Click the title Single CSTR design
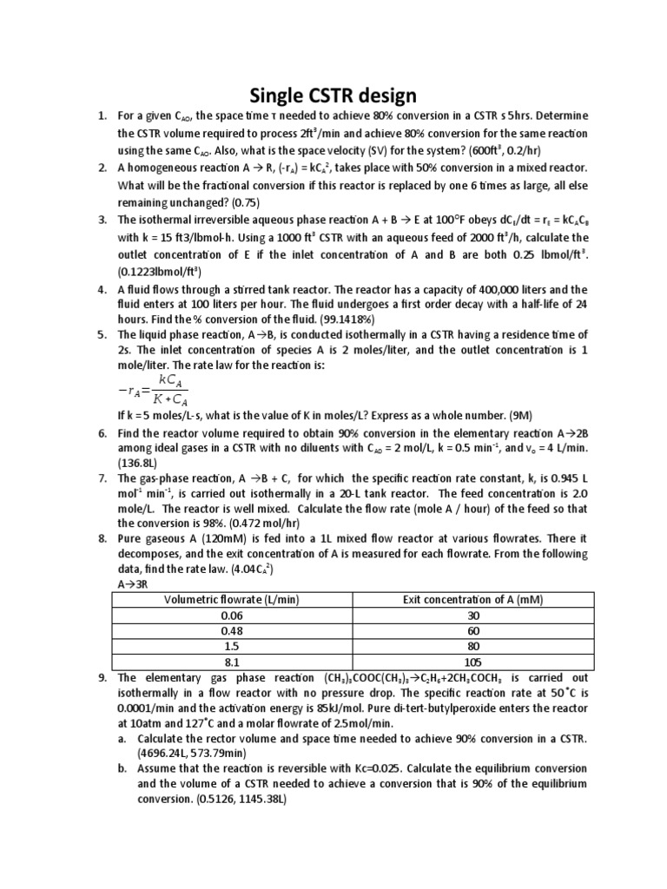[x=333, y=95]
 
